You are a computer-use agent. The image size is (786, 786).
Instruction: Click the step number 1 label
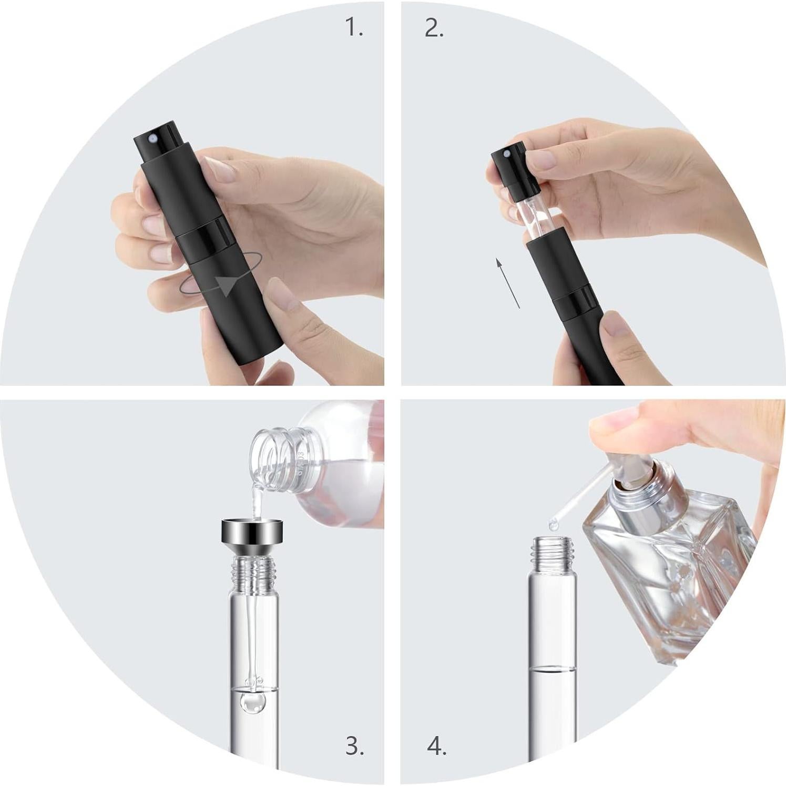pos(354,28)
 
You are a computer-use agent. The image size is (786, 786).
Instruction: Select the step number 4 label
pos(436,746)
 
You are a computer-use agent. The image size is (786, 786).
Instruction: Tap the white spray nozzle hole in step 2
pos(506,154)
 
